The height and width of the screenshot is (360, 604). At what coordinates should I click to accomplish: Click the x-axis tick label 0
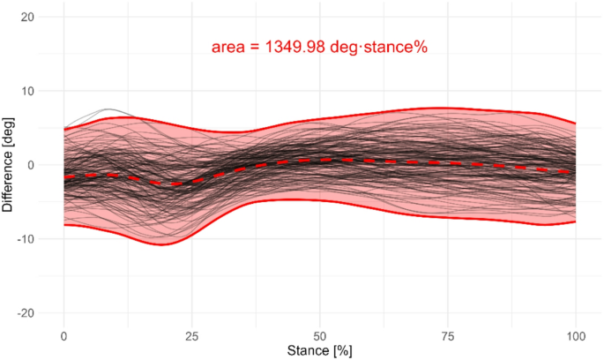63,336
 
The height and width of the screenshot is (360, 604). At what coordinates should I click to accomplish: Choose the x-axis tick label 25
191,336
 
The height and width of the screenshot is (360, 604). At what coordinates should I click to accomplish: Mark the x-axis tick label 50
319,336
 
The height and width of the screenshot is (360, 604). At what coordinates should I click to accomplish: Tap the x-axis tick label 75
447,336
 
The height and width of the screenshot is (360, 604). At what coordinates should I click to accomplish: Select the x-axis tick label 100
575,336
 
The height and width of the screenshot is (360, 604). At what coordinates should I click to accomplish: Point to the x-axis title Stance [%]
319,351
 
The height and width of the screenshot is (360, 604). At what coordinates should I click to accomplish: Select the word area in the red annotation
227,48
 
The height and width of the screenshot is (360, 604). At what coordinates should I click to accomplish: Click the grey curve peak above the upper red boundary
107,109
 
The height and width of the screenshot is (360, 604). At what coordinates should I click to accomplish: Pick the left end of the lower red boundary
64,225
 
